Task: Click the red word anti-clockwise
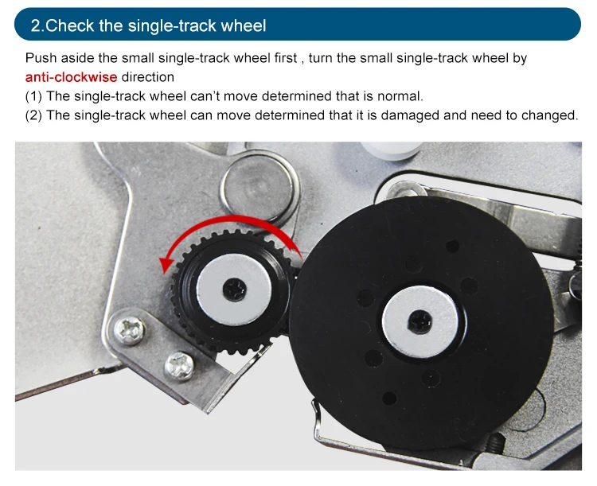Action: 71,77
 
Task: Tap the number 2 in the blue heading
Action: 35,26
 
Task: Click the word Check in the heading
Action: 70,26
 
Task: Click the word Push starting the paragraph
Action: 41,58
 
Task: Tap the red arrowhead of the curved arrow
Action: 166,265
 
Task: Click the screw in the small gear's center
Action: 234,290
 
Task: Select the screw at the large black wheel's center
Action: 420,322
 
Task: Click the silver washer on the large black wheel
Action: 420,322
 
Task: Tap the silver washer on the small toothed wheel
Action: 234,290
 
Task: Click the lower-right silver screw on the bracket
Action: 179,366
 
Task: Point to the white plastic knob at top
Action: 392,150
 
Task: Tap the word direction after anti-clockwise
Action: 148,77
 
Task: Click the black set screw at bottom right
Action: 495,443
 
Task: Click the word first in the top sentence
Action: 286,58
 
